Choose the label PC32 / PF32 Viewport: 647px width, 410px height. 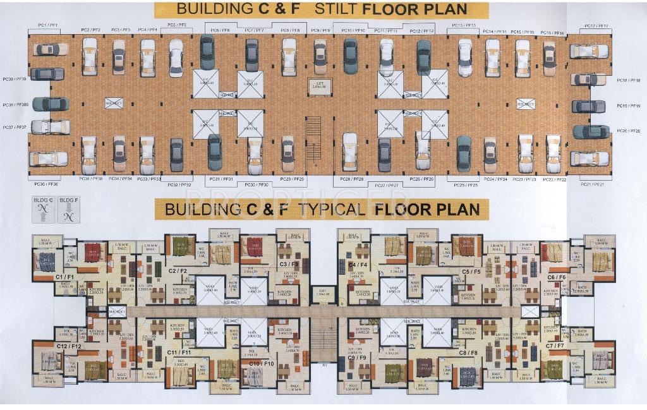(x=179, y=184)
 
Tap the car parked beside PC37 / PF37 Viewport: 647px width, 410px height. (x=50, y=126)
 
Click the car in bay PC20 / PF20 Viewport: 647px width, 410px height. (x=591, y=131)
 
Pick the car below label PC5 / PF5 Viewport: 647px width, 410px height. (x=176, y=58)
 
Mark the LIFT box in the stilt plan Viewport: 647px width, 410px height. (x=318, y=85)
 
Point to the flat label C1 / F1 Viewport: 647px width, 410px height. (x=64, y=277)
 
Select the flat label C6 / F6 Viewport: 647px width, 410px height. (x=556, y=277)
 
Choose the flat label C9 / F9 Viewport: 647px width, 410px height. (x=357, y=358)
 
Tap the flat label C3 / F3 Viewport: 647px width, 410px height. (x=289, y=264)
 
